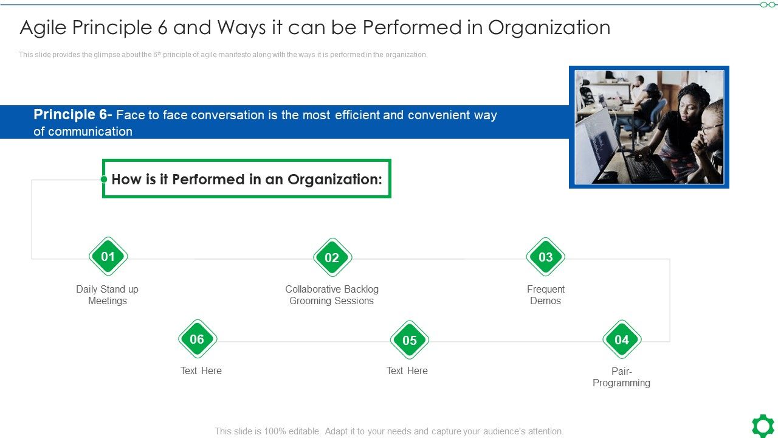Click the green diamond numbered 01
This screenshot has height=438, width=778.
[x=108, y=257]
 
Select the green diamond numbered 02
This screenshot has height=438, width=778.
[x=332, y=257]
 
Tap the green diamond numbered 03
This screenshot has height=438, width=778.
[x=545, y=257]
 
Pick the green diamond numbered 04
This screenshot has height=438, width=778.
[x=621, y=339]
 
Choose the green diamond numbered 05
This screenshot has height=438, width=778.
[x=409, y=340]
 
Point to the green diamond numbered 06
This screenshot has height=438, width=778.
[x=197, y=339]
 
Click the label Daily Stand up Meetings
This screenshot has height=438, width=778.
[x=108, y=295]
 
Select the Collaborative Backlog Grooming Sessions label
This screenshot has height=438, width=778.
[x=332, y=295]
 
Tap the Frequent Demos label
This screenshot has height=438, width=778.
[x=545, y=295]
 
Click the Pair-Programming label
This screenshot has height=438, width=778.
[x=621, y=377]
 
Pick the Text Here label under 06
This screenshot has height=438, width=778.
[x=201, y=370]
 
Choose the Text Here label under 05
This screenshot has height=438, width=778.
[x=407, y=370]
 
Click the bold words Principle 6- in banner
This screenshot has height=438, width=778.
[x=72, y=115]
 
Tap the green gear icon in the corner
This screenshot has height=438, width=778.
[x=763, y=425]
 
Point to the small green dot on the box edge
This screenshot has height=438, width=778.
[x=104, y=179]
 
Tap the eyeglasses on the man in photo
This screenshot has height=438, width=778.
[x=711, y=128]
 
